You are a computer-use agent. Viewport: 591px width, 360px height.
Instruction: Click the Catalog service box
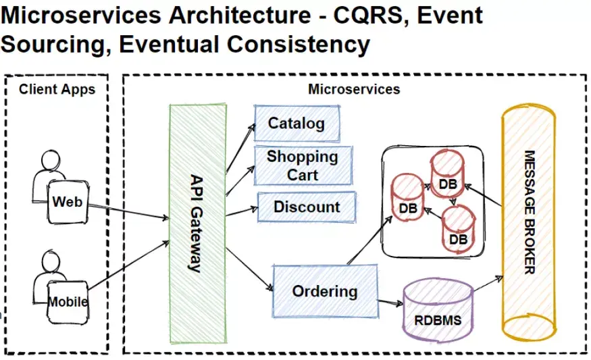297,124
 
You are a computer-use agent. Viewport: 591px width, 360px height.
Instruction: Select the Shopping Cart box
302,165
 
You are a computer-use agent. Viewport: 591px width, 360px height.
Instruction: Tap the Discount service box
307,207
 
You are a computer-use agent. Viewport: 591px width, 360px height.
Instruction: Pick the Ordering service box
324,291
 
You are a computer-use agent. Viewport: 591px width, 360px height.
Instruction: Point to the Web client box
67,201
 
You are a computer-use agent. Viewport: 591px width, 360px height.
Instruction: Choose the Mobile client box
68,301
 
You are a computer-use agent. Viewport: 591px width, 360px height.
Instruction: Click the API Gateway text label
196,223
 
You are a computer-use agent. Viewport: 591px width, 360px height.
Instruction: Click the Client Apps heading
57,88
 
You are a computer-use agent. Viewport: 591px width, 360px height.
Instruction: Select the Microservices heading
354,89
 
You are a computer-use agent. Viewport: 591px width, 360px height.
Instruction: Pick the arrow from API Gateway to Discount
240,213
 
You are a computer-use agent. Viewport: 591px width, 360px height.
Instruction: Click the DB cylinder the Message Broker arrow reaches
447,174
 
